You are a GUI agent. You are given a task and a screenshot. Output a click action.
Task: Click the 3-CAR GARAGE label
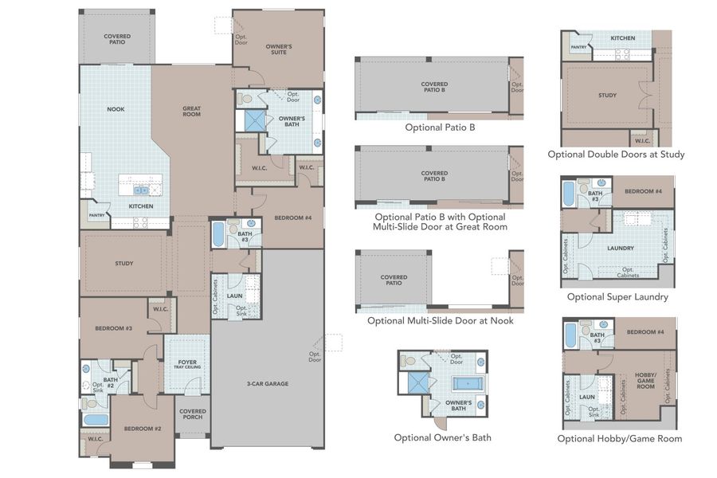click(x=267, y=383)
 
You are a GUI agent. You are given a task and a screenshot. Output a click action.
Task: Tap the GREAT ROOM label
click(x=191, y=112)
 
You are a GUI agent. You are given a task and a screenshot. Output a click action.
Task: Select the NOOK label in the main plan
click(x=116, y=109)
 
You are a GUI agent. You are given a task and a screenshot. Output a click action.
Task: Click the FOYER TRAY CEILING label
click(x=187, y=365)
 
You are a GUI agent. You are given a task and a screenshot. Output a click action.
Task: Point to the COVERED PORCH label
click(x=193, y=414)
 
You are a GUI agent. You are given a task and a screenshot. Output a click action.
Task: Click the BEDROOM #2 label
click(x=143, y=429)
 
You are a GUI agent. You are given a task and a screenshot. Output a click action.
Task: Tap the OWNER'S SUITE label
click(x=279, y=49)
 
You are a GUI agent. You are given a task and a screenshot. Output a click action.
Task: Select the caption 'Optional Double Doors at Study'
click(x=616, y=154)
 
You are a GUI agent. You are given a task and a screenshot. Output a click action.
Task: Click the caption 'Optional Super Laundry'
click(x=617, y=296)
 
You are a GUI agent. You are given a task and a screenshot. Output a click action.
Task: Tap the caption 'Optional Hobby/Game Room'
click(x=619, y=438)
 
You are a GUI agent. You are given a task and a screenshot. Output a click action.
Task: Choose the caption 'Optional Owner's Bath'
click(x=442, y=437)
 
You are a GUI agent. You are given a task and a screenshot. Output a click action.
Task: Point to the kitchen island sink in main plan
click(x=141, y=190)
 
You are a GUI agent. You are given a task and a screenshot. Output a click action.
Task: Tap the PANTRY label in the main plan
click(x=97, y=215)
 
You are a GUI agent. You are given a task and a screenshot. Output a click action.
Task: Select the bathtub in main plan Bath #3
click(x=218, y=235)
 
